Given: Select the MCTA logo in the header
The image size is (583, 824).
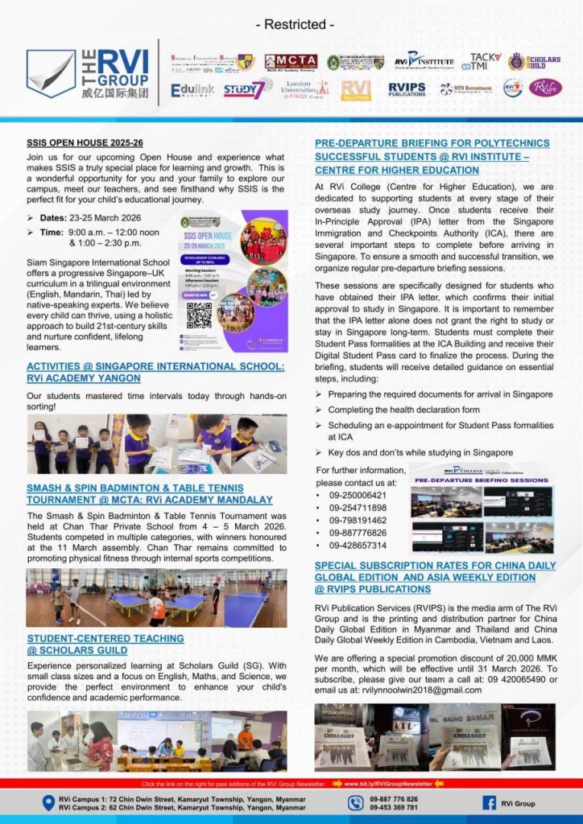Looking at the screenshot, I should (291, 62).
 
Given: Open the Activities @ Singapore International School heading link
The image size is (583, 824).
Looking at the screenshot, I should (155, 372).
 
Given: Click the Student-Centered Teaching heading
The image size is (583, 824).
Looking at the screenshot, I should (105, 643).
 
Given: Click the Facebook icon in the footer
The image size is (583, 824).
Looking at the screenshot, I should (488, 802).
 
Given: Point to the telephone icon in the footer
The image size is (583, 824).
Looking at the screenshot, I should (356, 802).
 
